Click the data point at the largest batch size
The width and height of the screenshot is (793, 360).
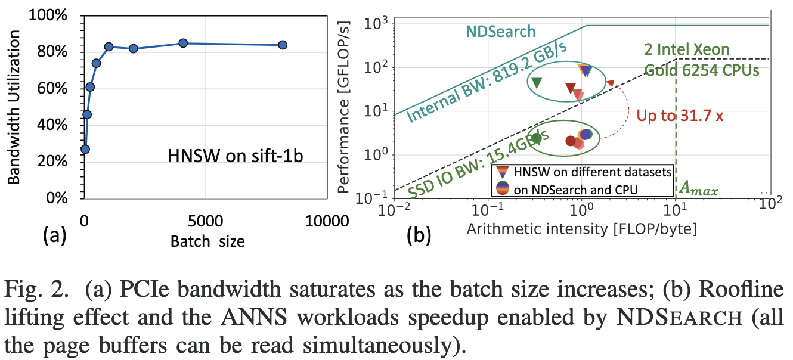click(283, 45)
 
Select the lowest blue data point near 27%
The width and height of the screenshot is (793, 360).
click(85, 149)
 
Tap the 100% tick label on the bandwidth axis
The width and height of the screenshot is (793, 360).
click(48, 15)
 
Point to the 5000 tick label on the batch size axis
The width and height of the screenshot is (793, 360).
click(205, 221)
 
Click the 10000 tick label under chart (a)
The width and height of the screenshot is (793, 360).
click(327, 221)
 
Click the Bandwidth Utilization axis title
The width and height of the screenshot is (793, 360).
click(14, 107)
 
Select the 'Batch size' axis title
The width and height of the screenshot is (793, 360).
click(207, 241)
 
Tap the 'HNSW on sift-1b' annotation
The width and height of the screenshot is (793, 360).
click(236, 156)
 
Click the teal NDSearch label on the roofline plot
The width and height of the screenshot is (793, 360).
click(501, 32)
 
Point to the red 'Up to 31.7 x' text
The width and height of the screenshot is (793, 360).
click(680, 116)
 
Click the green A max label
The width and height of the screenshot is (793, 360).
click(698, 188)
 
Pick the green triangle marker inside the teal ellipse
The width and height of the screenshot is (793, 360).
click(537, 83)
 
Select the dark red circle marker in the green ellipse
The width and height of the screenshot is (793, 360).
click(571, 141)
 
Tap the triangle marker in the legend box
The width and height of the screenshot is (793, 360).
click(503, 172)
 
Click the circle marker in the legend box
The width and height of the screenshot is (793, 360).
click(503, 188)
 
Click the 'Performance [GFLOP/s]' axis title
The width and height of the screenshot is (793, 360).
click(343, 107)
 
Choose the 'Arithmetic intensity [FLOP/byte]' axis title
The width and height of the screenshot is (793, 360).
click(582, 229)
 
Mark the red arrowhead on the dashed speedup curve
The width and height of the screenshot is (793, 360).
click(610, 83)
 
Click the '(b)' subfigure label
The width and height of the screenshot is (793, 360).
click(419, 235)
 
